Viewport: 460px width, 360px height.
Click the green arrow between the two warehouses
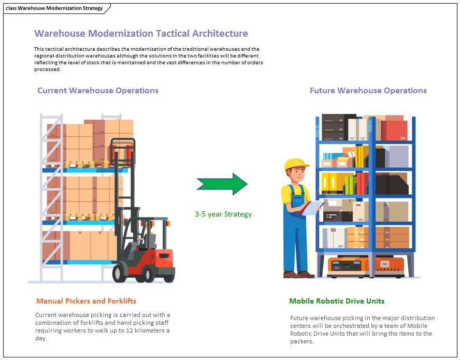tap(222, 184)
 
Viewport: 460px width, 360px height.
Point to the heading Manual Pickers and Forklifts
tap(86, 301)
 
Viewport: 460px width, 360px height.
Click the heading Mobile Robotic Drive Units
tap(337, 301)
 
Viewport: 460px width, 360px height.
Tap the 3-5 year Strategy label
tap(223, 214)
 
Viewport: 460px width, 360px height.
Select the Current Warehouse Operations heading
tap(98, 91)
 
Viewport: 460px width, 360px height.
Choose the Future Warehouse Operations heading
tap(368, 91)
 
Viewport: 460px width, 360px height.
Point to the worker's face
tap(296, 176)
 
